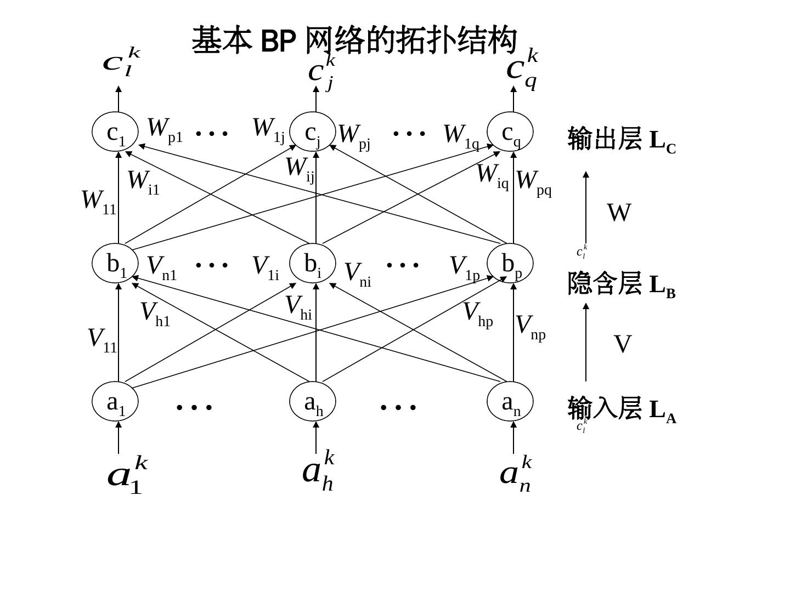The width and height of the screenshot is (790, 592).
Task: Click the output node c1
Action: click(x=115, y=132)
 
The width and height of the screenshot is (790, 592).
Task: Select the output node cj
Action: click(x=313, y=132)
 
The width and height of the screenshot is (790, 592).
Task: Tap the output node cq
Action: click(x=510, y=132)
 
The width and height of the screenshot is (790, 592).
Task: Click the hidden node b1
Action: click(x=115, y=264)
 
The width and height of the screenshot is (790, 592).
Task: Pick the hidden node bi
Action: click(x=313, y=264)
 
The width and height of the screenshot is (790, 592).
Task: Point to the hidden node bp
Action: click(x=510, y=264)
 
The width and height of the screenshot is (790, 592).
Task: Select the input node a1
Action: click(x=115, y=402)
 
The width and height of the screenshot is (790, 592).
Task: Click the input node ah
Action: click(x=313, y=402)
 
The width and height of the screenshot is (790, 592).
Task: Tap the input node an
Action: click(x=510, y=402)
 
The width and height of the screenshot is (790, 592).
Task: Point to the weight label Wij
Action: click(x=300, y=169)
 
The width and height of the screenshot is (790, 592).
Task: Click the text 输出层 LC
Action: click(x=622, y=140)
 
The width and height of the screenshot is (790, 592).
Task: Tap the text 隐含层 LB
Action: click(x=621, y=284)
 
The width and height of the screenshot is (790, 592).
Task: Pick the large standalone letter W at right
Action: click(x=619, y=213)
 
